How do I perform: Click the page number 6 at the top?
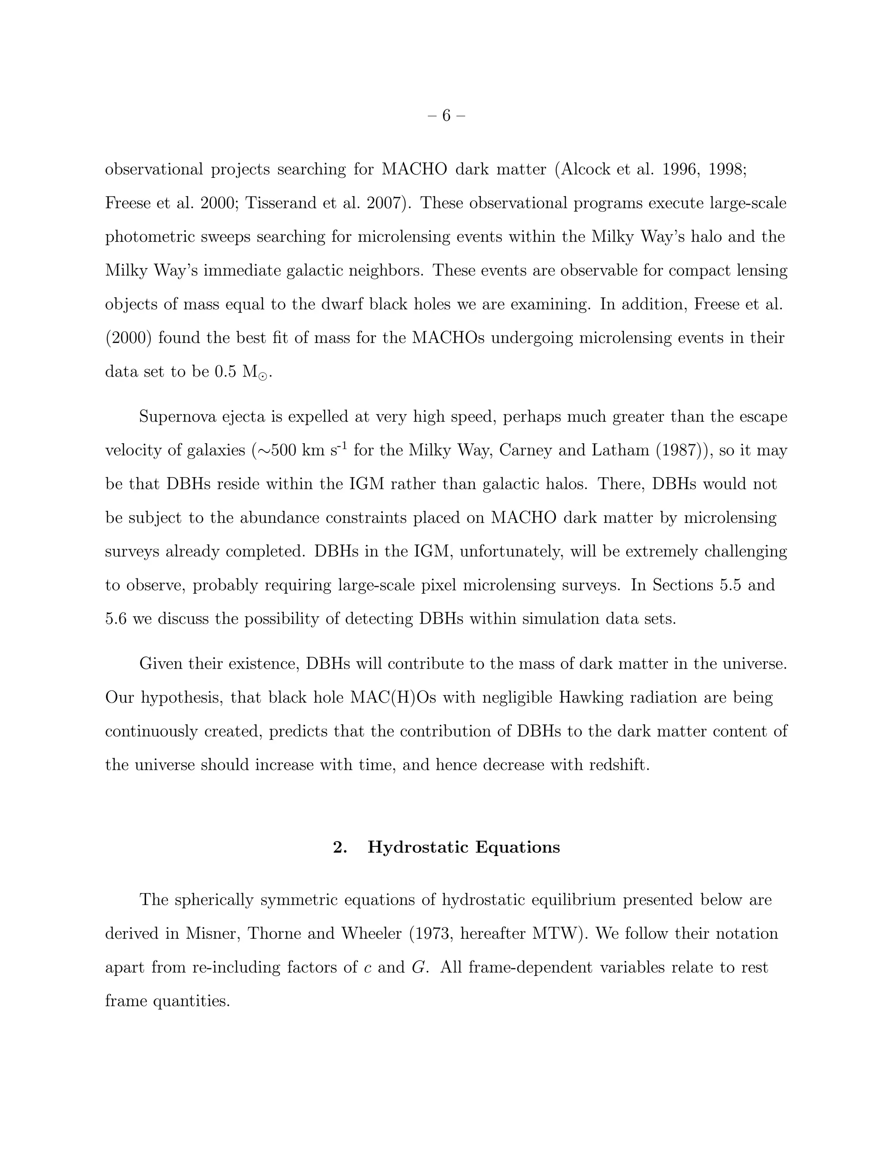pyautogui.click(x=446, y=115)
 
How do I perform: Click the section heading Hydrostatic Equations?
pyautogui.click(x=464, y=847)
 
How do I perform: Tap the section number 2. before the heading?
pyautogui.click(x=340, y=847)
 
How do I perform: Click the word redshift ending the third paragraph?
pyautogui.click(x=617, y=765)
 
